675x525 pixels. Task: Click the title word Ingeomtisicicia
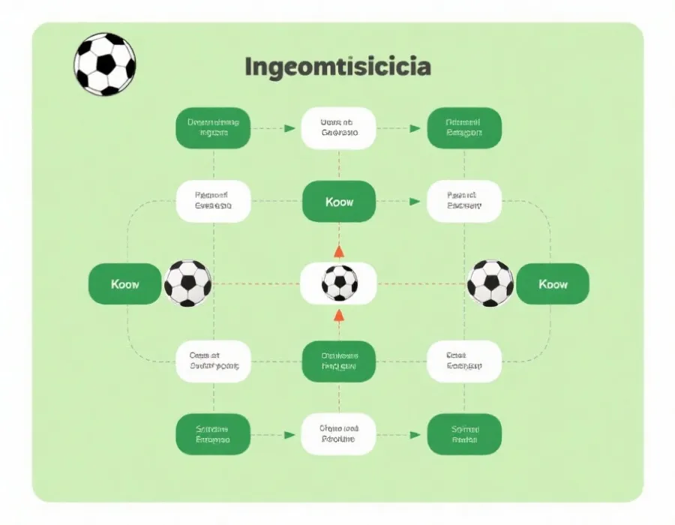pos(337,67)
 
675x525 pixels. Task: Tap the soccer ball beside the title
pos(105,64)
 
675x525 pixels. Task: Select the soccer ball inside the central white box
pos(339,283)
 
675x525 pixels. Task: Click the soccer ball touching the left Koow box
pos(187,283)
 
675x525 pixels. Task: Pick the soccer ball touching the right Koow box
pos(490,283)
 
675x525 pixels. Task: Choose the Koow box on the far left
pos(124,284)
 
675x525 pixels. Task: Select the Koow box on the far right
pos(553,284)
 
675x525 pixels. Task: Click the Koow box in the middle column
pos(339,202)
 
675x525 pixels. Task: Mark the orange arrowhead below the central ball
pos(339,314)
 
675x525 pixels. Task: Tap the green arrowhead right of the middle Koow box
pos(414,202)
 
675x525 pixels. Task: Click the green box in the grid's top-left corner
pos(213,127)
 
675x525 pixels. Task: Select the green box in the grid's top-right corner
pos(463,127)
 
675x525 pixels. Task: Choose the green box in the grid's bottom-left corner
pos(213,434)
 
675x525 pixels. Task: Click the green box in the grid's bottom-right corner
pos(463,434)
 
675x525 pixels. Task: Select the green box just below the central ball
pos(339,361)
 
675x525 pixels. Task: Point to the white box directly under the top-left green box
pos(213,201)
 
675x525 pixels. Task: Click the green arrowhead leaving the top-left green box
pos(289,128)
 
